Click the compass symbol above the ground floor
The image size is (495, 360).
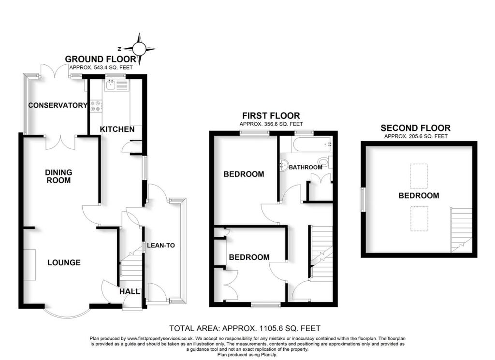pyautogui.click(x=139, y=48)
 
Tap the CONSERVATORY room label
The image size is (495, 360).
pyautogui.click(x=58, y=105)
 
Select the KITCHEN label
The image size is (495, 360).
pyautogui.click(x=117, y=129)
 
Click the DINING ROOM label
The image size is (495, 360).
pyautogui.click(x=58, y=176)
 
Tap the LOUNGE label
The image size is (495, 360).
pyautogui.click(x=64, y=263)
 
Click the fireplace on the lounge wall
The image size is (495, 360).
pyautogui.click(x=29, y=264)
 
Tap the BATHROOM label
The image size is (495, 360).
pyautogui.click(x=306, y=167)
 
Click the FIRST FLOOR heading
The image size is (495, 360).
pyautogui.click(x=271, y=116)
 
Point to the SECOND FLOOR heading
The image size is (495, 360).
pyautogui.click(x=415, y=128)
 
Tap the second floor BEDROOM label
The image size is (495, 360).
pyautogui.click(x=419, y=196)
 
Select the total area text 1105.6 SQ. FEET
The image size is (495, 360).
pyautogui.click(x=245, y=328)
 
